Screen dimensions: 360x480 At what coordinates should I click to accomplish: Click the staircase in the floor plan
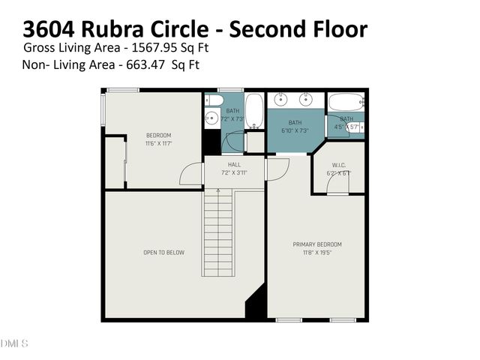point(218,232)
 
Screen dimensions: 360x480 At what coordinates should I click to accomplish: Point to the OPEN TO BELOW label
point(163,253)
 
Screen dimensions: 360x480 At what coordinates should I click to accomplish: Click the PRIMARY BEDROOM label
point(316,244)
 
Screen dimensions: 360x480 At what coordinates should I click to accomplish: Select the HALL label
point(234,165)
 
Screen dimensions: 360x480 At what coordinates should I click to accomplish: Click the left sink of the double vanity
point(281,99)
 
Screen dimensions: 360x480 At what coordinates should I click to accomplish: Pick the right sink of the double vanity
point(306,99)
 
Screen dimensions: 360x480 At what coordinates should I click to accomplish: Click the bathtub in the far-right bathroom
point(345,102)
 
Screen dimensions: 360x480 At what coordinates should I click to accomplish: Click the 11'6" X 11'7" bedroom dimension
point(158,143)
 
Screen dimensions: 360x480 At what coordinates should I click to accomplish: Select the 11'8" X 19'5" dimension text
point(316,253)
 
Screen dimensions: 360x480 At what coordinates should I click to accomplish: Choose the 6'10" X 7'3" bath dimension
point(295,130)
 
